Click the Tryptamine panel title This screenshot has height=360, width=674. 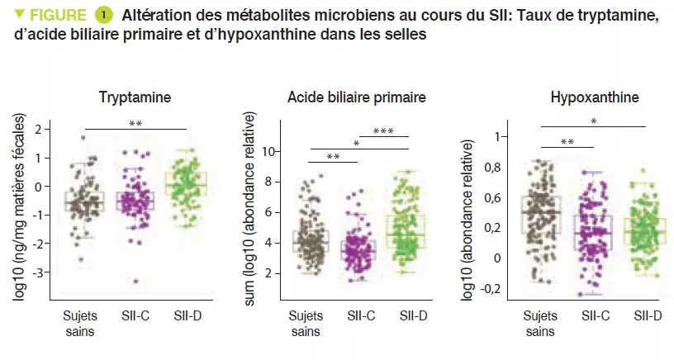click(x=135, y=97)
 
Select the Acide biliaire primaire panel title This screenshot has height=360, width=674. click(x=357, y=97)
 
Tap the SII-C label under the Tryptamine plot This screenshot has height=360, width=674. click(x=135, y=316)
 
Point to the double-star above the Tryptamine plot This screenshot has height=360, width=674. click(x=135, y=125)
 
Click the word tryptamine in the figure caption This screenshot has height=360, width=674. click(x=620, y=16)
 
